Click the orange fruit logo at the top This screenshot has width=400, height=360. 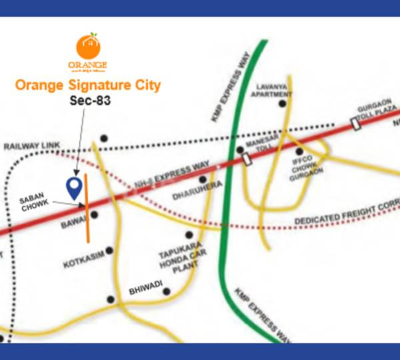pos(87,46)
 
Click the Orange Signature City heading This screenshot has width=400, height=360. pos(87,86)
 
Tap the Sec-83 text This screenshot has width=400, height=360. pos(87,102)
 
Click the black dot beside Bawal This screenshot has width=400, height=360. pos(95,215)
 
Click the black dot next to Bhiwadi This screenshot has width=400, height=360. pos(167,291)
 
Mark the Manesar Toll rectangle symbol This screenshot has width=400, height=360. pos(247,159)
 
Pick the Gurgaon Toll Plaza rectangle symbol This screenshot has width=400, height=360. pos(356,124)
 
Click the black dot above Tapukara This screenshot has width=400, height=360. pos(189,235)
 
